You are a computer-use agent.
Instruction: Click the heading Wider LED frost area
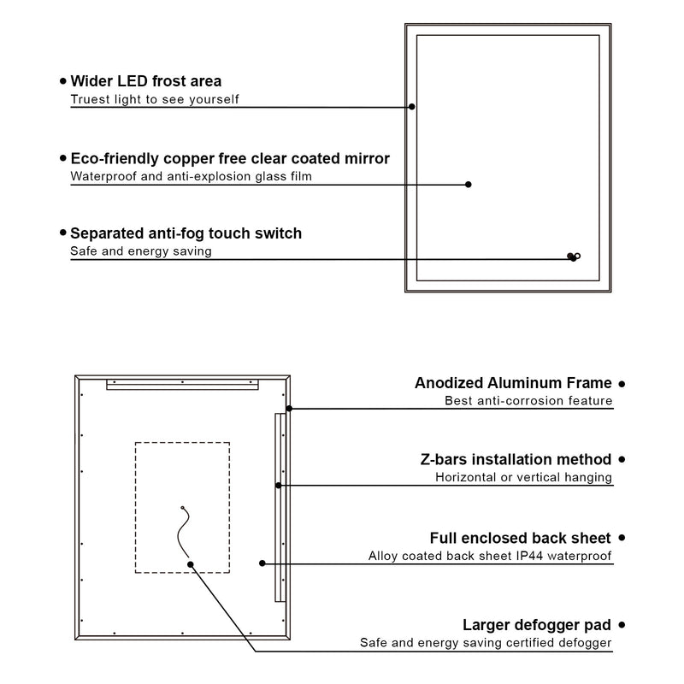coord(145,81)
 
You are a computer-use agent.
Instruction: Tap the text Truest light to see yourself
coord(154,99)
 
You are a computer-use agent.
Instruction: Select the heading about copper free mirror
coord(229,159)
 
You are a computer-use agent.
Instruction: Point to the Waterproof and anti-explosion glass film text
coord(191,177)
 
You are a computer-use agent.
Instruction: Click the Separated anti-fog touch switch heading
coord(186,233)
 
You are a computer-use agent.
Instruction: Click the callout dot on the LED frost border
coord(411,107)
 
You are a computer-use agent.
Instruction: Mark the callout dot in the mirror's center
coord(469,184)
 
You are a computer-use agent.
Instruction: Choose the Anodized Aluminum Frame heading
coord(513,383)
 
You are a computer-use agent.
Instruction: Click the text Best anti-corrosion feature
coord(528,400)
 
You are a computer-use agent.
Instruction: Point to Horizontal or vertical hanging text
coord(523,477)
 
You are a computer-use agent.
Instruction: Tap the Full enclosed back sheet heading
coord(520,538)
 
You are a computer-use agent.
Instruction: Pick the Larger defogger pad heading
coord(536,625)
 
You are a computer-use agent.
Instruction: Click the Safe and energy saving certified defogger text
coord(486,643)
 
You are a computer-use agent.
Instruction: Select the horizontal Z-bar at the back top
coord(181,386)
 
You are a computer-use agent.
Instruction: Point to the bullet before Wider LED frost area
coord(62,81)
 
